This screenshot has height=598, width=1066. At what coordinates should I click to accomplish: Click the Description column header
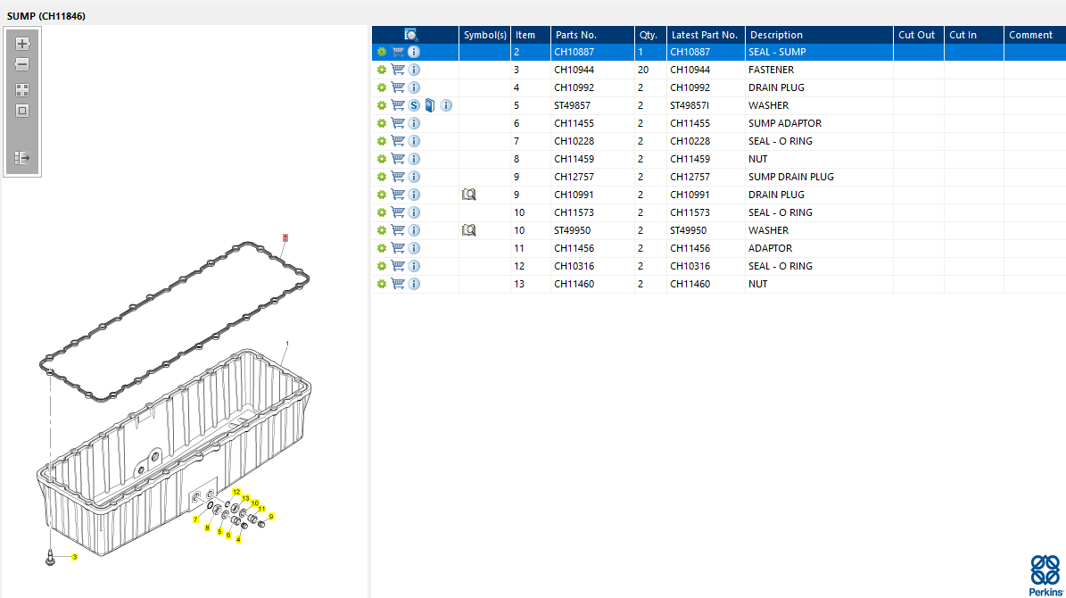(776, 35)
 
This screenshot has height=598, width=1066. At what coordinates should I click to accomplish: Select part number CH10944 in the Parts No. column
(574, 70)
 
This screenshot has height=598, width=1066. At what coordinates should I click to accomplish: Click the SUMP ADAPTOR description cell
(784, 123)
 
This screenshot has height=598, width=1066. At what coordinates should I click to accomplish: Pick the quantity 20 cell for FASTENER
(643, 70)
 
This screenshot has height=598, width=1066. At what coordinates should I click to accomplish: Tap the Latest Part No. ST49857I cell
(692, 105)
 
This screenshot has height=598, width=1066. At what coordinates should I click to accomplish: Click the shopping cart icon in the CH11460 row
(398, 284)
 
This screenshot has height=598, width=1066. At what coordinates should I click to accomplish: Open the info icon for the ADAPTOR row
(414, 248)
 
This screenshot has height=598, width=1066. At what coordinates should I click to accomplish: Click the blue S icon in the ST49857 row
(414, 105)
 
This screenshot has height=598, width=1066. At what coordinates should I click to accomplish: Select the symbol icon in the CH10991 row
(469, 195)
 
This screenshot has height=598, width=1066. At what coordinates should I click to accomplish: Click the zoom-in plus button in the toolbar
(22, 43)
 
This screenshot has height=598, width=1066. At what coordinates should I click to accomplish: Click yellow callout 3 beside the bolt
(74, 557)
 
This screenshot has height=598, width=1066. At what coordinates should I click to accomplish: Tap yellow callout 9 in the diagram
(271, 516)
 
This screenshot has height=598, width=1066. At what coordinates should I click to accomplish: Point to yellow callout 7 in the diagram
(195, 519)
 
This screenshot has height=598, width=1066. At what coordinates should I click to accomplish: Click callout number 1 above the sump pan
(286, 344)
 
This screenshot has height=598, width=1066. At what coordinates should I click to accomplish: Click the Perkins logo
(1045, 574)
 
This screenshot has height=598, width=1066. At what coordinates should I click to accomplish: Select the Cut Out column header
(916, 35)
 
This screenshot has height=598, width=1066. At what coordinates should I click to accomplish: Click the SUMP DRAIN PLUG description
(790, 177)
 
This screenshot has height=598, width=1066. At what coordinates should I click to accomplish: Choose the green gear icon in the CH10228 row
(381, 141)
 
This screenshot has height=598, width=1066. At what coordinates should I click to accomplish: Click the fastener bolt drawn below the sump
(51, 558)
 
